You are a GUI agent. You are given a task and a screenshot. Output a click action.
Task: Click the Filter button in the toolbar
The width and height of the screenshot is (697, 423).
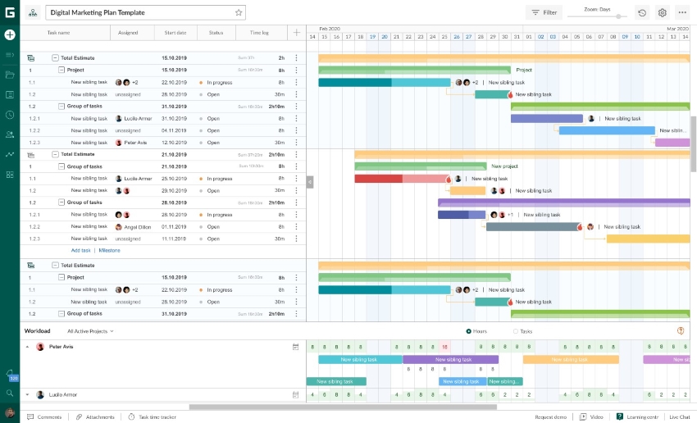pos(544,12)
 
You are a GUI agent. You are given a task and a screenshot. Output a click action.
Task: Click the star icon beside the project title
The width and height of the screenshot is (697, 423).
pos(239,12)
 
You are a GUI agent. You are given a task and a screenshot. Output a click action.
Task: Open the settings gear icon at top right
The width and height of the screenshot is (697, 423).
pos(663,12)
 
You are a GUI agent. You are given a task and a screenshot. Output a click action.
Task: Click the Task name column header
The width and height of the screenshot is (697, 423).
pos(58,33)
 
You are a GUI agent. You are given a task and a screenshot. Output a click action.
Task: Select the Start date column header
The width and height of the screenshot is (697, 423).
pos(175,33)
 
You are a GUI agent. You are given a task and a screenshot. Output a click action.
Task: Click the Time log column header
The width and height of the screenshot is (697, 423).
pos(259,33)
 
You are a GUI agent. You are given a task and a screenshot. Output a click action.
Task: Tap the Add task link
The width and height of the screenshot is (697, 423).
pos(80,250)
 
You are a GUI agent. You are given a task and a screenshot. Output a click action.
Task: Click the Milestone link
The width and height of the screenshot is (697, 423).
pos(110,250)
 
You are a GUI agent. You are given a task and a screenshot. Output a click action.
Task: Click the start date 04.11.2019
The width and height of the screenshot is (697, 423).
pos(175,130)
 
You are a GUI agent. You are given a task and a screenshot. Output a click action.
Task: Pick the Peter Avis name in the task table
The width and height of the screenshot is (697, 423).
pos(135,143)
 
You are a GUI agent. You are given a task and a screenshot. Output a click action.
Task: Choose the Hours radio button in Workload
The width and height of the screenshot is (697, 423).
pos(468,331)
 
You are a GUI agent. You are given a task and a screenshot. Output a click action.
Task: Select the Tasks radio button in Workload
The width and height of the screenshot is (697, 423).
pos(516,331)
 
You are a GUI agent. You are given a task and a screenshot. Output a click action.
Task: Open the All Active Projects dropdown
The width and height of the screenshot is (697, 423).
pos(90,331)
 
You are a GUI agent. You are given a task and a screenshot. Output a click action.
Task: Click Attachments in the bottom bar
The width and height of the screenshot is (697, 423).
pos(95,417)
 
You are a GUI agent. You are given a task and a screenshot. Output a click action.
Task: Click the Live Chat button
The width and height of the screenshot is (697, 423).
pos(679,417)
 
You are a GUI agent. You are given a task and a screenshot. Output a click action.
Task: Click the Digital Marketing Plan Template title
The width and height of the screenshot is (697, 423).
pos(98,12)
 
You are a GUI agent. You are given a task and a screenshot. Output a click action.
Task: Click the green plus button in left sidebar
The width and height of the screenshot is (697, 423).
pos(10,34)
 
